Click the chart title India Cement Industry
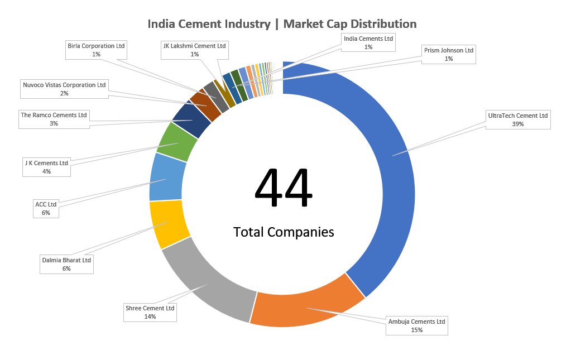(282, 24)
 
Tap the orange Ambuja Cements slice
(307, 308)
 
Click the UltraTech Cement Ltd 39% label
(518, 120)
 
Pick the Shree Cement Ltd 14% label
(150, 312)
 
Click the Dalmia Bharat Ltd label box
(66, 264)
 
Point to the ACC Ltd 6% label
(46, 208)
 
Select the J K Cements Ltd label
(46, 167)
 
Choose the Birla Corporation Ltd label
(96, 50)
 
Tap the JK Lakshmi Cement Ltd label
(194, 50)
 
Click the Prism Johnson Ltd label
(448, 54)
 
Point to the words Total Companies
(284, 232)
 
